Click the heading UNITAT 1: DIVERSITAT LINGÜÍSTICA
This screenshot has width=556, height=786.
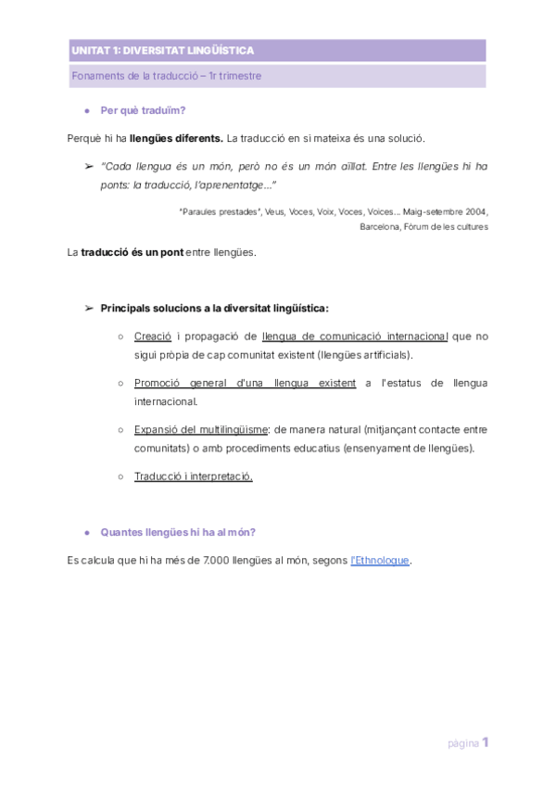[x=162, y=51]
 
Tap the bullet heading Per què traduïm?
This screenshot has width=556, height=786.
[x=143, y=110]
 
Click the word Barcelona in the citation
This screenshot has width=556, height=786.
[x=382, y=226]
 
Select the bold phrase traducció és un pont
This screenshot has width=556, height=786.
[x=132, y=252]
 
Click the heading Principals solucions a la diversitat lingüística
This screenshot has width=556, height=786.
[x=214, y=308]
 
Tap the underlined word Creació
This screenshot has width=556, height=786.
[x=153, y=336]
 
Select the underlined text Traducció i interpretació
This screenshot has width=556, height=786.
[x=193, y=476]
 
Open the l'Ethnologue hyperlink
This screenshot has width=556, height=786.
[x=380, y=560]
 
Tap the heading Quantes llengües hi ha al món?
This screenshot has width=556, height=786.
[x=178, y=532]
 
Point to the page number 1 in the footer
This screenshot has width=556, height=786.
[x=485, y=742]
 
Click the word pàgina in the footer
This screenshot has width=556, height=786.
[x=463, y=743]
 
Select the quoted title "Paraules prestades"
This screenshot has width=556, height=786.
[x=220, y=211]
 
